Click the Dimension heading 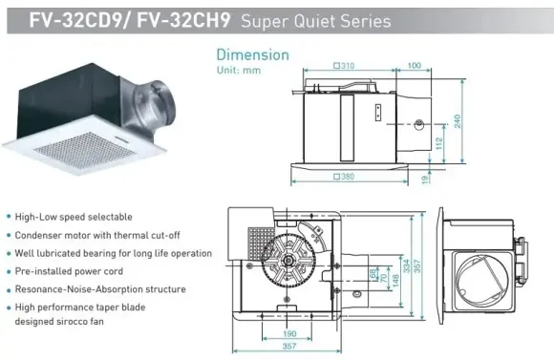251,53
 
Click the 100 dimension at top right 414,65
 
